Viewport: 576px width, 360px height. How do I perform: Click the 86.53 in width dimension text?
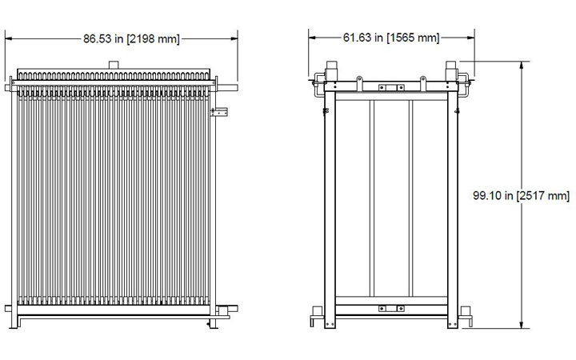(102, 38)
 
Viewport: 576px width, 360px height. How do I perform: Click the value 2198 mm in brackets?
(154, 38)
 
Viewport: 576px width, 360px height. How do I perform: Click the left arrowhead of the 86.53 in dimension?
(10, 38)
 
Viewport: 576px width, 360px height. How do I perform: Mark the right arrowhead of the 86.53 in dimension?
(234, 38)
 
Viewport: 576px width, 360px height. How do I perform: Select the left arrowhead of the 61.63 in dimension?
(314, 38)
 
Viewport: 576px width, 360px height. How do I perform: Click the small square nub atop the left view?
(114, 63)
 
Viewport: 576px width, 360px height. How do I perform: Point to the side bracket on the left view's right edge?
(218, 112)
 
